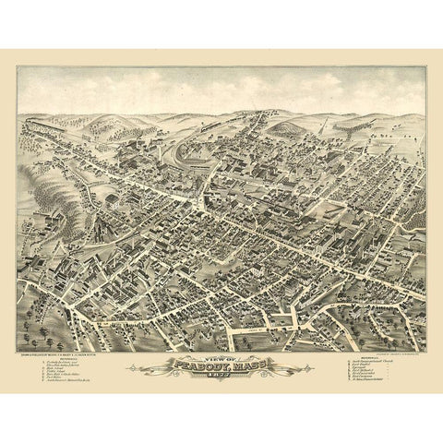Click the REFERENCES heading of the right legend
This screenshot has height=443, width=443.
click(352, 354)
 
